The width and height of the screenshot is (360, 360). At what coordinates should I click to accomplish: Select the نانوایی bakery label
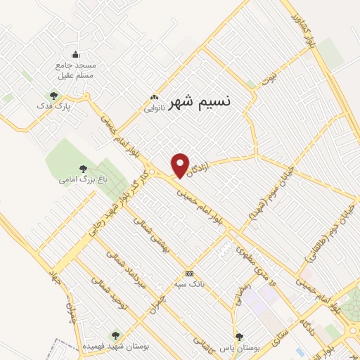155,108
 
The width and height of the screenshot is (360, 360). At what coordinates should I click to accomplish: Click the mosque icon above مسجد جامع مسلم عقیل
75,55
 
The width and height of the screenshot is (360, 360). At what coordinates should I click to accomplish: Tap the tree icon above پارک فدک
53,96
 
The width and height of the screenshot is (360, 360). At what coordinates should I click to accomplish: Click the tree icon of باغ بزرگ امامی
83,169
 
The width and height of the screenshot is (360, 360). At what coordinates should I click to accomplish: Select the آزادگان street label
200,164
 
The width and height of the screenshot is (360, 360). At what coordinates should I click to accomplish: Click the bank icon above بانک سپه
188,274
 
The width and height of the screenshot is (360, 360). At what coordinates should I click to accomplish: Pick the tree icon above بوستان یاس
240,337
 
